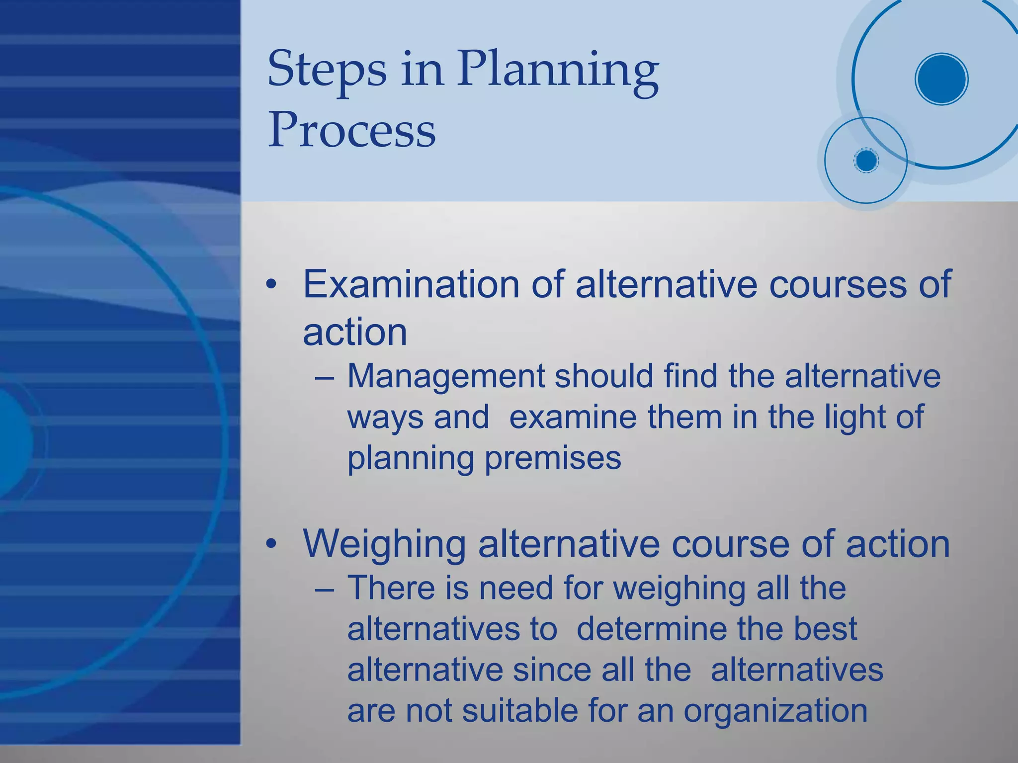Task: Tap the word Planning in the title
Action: (x=558, y=70)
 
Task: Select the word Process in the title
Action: (x=352, y=130)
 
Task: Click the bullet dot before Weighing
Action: (x=271, y=544)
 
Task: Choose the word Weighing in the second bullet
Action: (x=384, y=544)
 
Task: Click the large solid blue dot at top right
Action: (x=941, y=79)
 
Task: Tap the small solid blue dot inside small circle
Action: (x=866, y=161)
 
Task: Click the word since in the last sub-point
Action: (x=552, y=670)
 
